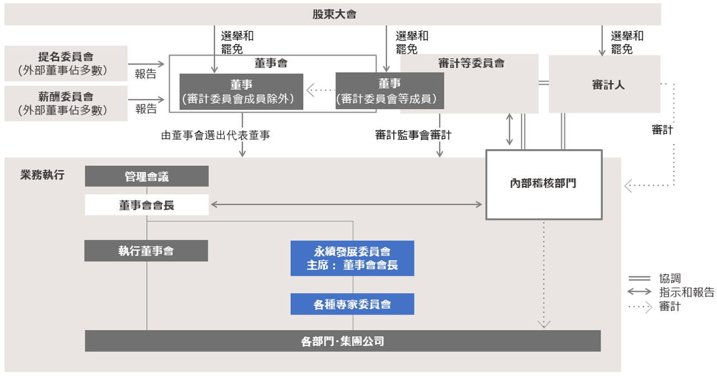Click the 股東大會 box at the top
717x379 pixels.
tap(334, 15)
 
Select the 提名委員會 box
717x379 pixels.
tap(66, 63)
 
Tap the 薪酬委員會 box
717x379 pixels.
tap(66, 103)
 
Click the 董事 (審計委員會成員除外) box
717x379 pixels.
tap(241, 92)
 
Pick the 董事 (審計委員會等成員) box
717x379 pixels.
tap(390, 91)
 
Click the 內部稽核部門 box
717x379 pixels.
tap(543, 183)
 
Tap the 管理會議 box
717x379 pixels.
tap(147, 177)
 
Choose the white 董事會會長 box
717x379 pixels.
tap(147, 205)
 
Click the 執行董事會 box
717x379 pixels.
tap(146, 251)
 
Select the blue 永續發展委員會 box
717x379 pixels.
tap(352, 258)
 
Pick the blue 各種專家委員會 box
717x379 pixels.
tap(352, 304)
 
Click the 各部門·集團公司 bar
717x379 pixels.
tap(342, 341)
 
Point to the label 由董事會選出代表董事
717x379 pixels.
tap(216, 135)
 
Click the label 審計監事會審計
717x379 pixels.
tap(413, 135)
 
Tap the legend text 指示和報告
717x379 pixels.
tap(687, 292)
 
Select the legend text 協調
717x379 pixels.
tap(671, 278)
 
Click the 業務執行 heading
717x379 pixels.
tap(42, 175)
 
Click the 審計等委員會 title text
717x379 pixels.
tap(471, 63)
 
